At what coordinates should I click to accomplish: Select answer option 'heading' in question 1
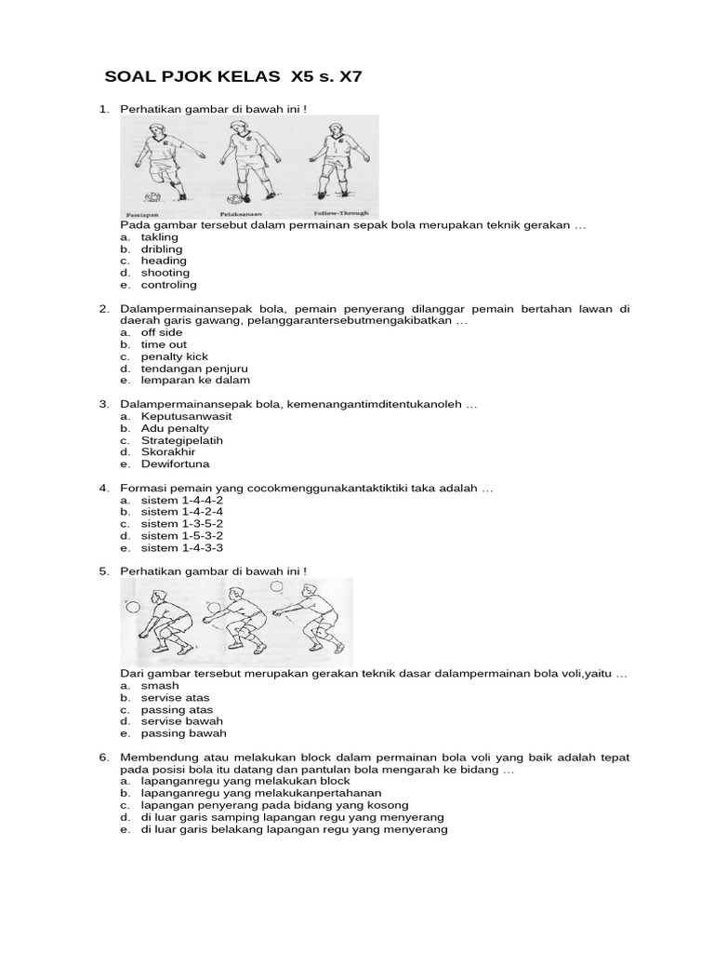point(164,262)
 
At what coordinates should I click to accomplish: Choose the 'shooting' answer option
point(165,274)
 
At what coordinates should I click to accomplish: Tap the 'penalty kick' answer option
point(174,356)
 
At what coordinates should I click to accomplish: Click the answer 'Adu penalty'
point(175,428)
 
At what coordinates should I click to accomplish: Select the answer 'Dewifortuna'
point(175,463)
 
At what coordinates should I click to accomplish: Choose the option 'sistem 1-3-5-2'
point(181,524)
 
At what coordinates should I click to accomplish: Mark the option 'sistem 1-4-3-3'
point(181,548)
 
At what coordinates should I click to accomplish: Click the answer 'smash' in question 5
point(159,686)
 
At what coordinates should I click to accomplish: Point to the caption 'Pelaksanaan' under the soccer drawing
point(245,213)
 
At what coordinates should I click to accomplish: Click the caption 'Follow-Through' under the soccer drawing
point(341,213)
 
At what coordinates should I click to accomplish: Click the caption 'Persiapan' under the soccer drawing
point(141,213)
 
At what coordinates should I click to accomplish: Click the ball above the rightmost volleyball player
point(276,587)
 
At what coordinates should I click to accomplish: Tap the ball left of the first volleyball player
point(132,606)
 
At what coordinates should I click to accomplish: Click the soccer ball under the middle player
point(238,198)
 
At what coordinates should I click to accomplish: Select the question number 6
point(104,758)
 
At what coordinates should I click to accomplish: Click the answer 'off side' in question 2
point(161,332)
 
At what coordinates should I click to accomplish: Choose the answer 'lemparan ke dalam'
point(195,381)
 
